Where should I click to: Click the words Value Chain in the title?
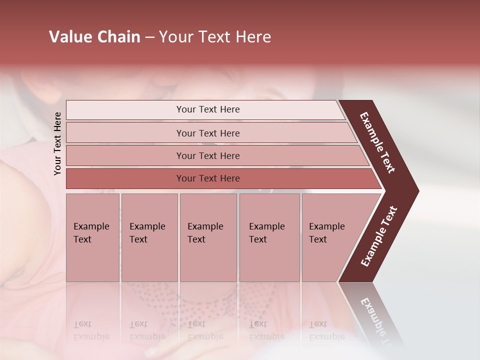[94, 37]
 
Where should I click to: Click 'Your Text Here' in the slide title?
[215, 37]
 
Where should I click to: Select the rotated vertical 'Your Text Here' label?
[57, 143]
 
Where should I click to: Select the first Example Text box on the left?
[92, 237]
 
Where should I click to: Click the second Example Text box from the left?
[149, 237]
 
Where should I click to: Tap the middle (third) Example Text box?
[208, 237]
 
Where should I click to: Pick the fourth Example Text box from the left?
[269, 237]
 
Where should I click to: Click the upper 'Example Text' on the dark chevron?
[377, 143]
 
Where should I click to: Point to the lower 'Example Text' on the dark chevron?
[379, 236]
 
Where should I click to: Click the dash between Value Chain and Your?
[149, 37]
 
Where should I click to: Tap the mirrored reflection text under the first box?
[91, 330]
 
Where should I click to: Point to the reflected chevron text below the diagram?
[377, 320]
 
